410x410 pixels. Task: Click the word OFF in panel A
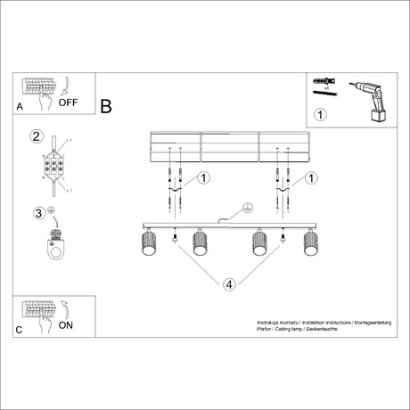70,102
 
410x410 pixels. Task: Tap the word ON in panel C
66,326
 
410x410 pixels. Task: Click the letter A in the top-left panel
20,106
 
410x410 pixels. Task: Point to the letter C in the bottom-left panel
20,330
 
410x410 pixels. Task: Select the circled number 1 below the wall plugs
321,114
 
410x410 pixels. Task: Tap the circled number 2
37,137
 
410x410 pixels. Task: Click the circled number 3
37,213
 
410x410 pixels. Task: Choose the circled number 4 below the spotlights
229,284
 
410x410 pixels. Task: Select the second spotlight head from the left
200,243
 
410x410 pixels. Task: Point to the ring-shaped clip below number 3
58,250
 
